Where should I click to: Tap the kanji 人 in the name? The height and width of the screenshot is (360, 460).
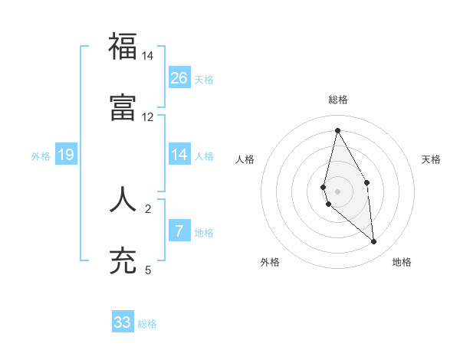[x=123, y=198]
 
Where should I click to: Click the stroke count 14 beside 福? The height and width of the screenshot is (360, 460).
[x=148, y=56]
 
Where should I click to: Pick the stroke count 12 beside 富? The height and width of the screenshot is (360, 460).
[x=148, y=117]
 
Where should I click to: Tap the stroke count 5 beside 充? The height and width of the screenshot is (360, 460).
[x=148, y=270]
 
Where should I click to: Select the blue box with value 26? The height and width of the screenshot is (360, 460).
[x=179, y=78]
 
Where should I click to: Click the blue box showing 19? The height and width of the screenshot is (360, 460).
[x=66, y=155]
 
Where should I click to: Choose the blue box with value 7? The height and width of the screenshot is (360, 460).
[x=179, y=231]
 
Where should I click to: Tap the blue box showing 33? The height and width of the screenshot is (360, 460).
[x=123, y=322]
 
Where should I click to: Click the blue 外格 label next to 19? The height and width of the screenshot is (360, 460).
[x=41, y=156]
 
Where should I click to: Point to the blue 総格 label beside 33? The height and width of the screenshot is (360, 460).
[x=148, y=324]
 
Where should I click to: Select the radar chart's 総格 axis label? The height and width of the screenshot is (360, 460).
[x=337, y=100]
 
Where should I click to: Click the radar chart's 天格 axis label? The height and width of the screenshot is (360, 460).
[x=432, y=159]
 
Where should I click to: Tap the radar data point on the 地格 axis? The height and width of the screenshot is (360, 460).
[x=374, y=242]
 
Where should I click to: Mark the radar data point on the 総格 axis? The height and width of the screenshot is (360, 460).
[x=337, y=130]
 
